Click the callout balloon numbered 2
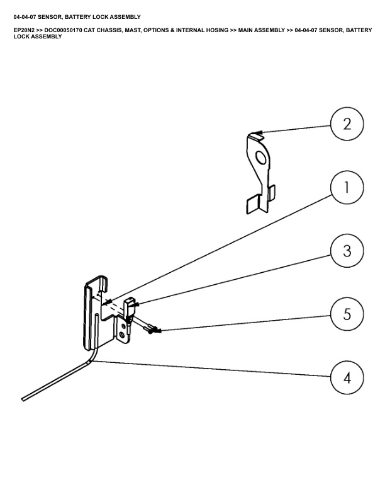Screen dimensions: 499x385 coord(347,123)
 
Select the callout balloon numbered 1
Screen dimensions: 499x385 coord(347,187)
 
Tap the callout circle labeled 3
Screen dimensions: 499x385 coord(347,250)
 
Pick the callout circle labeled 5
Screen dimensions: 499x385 coord(347,314)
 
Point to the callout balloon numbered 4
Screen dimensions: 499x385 coord(347,378)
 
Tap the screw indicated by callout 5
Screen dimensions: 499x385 coord(152,329)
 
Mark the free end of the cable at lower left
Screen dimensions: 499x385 coord(24,398)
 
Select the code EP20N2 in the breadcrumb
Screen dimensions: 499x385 coord(25,30)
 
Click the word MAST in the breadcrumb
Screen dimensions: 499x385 coord(137,30)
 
